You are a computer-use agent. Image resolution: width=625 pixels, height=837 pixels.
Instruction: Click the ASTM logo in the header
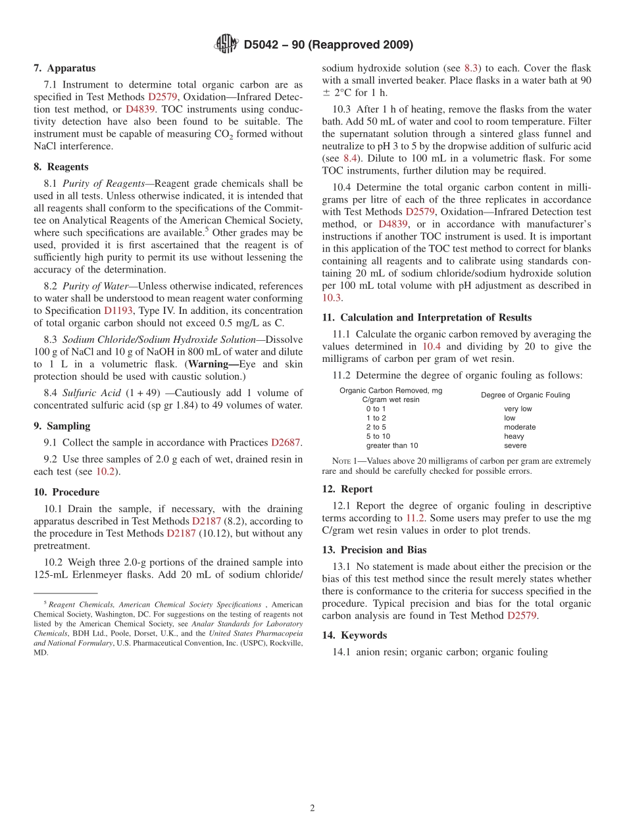227,45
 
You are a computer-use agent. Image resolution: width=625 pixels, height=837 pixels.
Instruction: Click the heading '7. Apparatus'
64,68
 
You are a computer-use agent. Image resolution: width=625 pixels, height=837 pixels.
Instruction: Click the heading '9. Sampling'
62,426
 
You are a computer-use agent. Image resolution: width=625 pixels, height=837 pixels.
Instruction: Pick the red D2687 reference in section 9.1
286,443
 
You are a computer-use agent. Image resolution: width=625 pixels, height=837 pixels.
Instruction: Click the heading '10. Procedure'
66,492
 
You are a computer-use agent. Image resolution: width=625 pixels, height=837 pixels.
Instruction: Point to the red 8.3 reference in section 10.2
472,68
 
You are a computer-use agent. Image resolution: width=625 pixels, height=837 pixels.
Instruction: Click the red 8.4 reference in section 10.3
351,159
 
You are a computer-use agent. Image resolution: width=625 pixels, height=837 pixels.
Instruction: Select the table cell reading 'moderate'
520,427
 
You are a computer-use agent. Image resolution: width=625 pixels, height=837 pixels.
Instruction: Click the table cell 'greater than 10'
392,445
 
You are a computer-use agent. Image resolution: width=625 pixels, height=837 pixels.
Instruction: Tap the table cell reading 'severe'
515,445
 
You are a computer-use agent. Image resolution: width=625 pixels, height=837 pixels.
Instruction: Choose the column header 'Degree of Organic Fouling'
525,395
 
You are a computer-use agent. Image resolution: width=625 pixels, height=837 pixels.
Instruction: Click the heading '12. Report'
347,489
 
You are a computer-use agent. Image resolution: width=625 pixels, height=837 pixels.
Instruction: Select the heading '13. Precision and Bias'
374,549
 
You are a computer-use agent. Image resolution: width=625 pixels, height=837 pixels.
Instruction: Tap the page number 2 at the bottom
312,808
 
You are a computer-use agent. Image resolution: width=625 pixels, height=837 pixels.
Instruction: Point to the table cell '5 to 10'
378,436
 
